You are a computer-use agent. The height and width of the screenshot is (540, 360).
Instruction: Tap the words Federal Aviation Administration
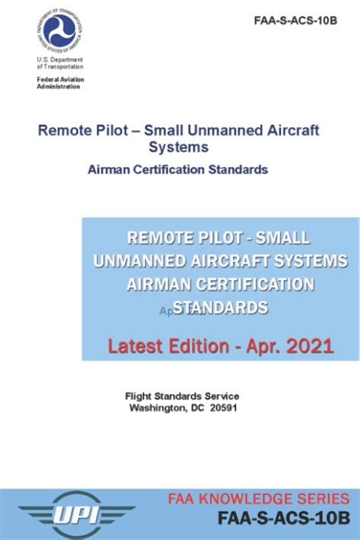[61, 83]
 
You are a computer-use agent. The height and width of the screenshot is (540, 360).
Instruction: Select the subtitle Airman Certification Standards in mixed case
[178, 169]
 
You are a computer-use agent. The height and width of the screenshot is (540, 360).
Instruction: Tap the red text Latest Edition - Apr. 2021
[220, 346]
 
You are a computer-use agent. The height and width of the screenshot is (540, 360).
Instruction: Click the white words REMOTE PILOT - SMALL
[220, 237]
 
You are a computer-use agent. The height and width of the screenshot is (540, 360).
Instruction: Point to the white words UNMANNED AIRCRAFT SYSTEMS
[220, 261]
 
